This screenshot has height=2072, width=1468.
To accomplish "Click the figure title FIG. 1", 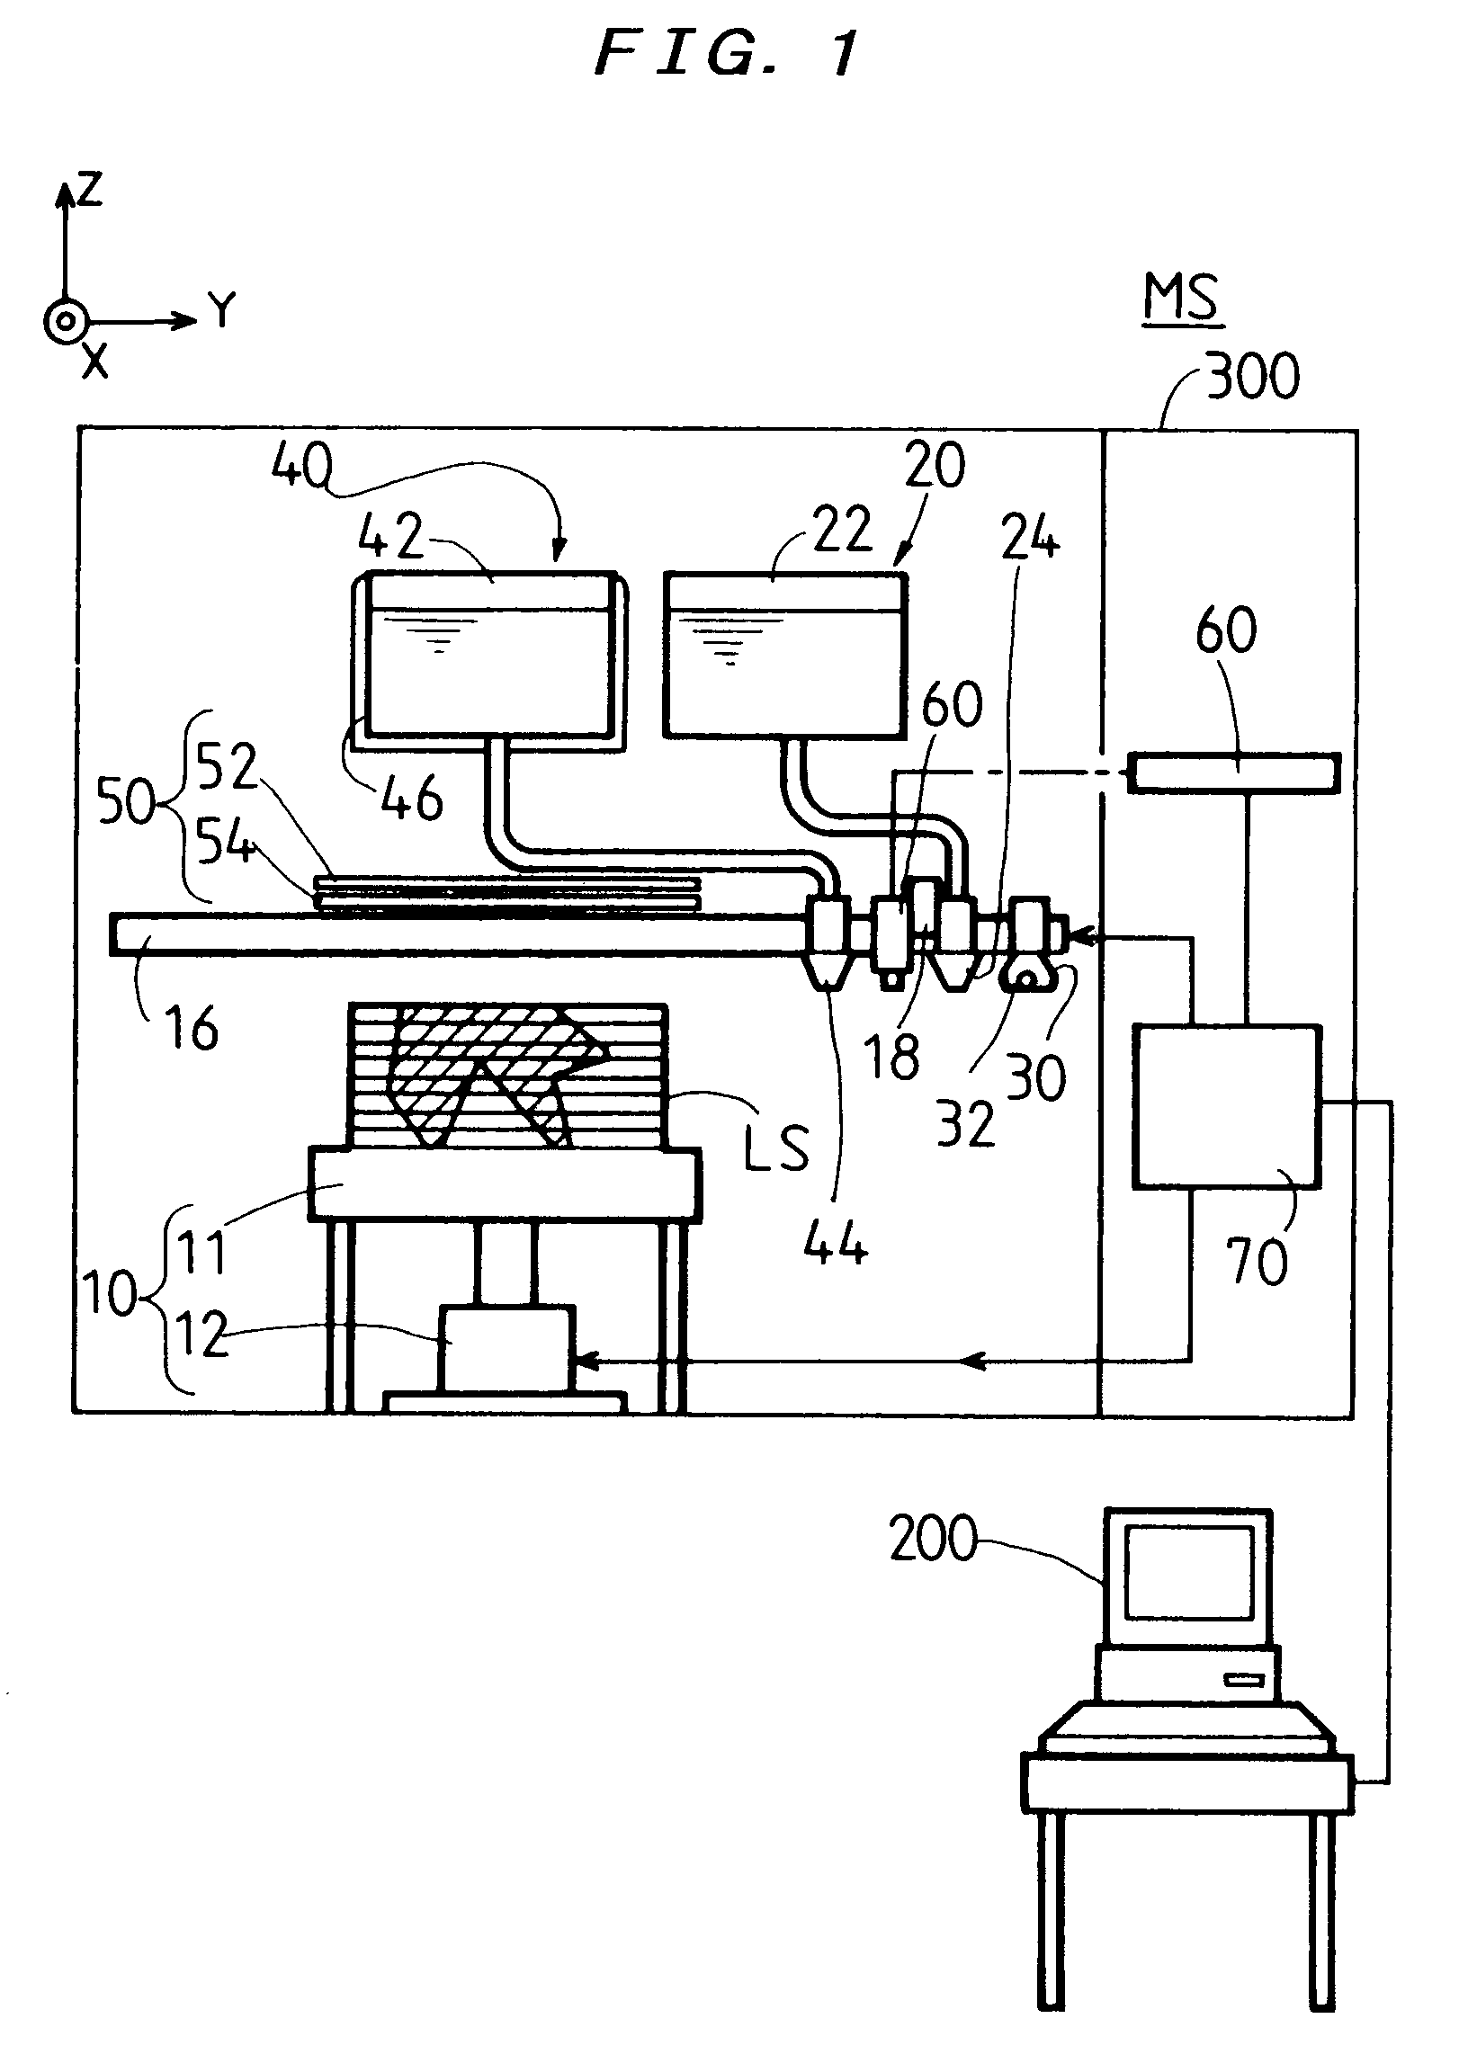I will coord(727,53).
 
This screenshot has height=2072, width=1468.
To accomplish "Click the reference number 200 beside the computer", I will coord(933,1538).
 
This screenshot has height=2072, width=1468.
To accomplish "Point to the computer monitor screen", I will coord(1187,1573).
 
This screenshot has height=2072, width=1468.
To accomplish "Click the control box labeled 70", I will coord(1227,1106).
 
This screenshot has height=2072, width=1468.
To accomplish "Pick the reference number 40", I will coord(302,467).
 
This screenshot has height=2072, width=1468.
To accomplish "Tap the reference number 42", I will coord(390,536).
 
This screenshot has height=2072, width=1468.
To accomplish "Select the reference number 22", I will coord(843,530).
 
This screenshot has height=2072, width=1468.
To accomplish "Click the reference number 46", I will coord(412,798).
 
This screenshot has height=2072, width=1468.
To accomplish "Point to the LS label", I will coord(775,1148).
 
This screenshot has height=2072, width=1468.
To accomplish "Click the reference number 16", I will coord(192,1027).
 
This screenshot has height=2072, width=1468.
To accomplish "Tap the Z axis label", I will coord(89,190).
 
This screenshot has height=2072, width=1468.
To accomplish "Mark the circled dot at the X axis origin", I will coord(65,322).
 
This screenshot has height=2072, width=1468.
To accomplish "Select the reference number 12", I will coord(201,1334).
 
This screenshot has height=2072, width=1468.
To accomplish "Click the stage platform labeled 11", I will coord(505,1183).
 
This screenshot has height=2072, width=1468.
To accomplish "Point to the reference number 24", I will coord(1030,537).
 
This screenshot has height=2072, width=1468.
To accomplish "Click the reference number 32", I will coord(965,1123).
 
